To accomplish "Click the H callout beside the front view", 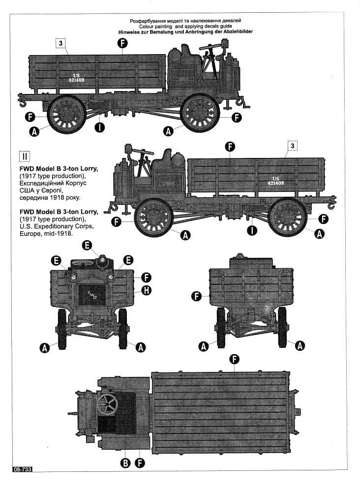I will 146,290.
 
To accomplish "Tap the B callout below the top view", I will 125,462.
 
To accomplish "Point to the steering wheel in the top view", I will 107,405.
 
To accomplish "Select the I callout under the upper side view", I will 99,128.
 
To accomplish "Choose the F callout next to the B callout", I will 140,462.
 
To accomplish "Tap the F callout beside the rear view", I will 197,296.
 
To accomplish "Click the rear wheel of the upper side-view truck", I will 66,114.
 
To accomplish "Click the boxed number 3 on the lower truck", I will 293,146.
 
